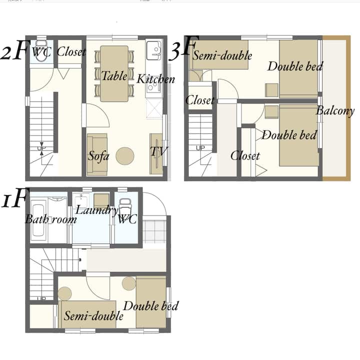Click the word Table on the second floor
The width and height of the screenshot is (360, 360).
[114, 76]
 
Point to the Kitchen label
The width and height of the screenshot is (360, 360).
[155, 79]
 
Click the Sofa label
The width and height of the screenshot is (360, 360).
[98, 156]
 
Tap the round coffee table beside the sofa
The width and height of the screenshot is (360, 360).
[125, 156]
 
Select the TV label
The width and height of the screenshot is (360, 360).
[159, 151]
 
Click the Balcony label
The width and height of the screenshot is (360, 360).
[335, 111]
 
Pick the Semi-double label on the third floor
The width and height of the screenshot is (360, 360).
[222, 55]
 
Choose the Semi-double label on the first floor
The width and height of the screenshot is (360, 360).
[93, 315]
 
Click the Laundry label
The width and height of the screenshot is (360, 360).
[97, 210]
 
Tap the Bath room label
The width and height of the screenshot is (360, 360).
[50, 219]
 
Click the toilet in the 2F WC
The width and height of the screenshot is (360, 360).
[41, 50]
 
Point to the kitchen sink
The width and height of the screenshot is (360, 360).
[153, 50]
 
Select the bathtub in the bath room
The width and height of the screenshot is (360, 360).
[38, 220]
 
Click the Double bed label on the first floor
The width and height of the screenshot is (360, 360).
[151, 306]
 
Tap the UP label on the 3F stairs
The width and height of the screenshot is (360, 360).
[200, 148]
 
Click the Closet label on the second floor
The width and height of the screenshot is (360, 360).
[71, 51]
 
